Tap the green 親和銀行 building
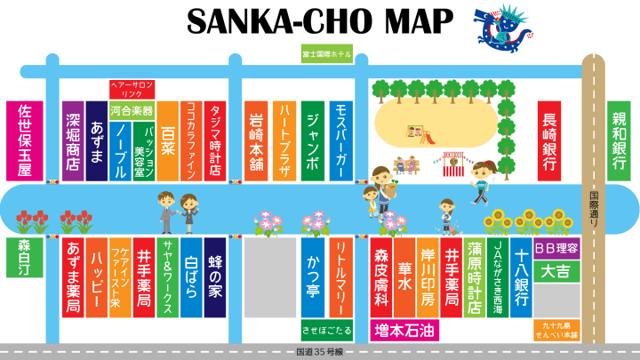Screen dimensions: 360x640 (x=619, y=138)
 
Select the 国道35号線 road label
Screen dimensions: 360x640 (x=319, y=353)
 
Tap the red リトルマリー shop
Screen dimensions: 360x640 (x=341, y=270)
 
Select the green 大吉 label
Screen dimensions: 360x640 (x=556, y=270)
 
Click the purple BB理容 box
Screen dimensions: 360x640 (x=556, y=248)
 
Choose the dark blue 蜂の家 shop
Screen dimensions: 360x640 (x=217, y=275)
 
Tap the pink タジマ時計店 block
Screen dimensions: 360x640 (x=214, y=140)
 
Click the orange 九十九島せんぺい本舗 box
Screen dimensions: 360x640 (x=556, y=331)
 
